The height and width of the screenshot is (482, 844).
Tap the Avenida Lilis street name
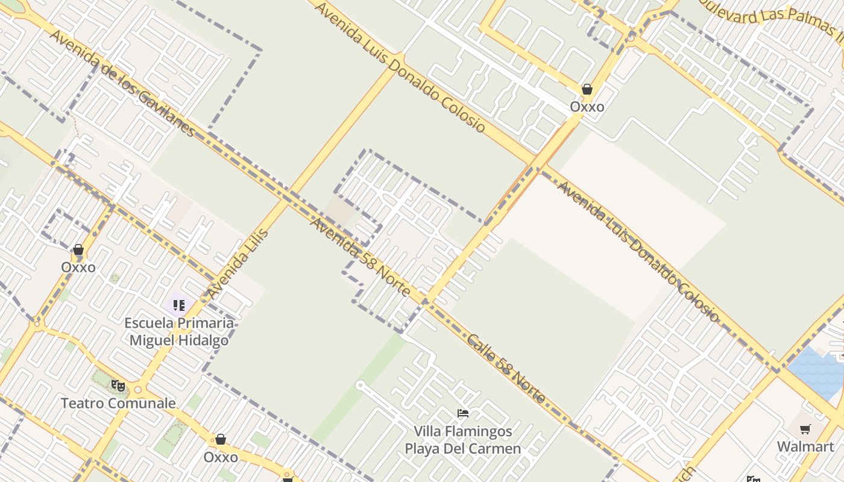(238, 263)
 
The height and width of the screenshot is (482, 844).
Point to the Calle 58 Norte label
(506, 368)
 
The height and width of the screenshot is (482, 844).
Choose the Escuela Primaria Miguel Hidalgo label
(179, 331)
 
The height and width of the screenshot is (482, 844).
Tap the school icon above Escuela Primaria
(179, 305)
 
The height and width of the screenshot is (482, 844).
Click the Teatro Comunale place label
(118, 403)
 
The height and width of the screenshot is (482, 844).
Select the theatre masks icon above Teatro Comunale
(118, 386)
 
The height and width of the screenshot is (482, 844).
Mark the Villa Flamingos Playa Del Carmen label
(462, 440)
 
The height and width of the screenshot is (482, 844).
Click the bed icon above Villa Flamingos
(463, 413)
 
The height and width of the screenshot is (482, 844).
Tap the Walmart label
(805, 446)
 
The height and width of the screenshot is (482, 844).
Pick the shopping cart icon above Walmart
(805, 429)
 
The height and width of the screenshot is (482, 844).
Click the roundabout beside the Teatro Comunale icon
(138, 390)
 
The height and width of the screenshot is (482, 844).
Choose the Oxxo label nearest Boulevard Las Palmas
(587, 107)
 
